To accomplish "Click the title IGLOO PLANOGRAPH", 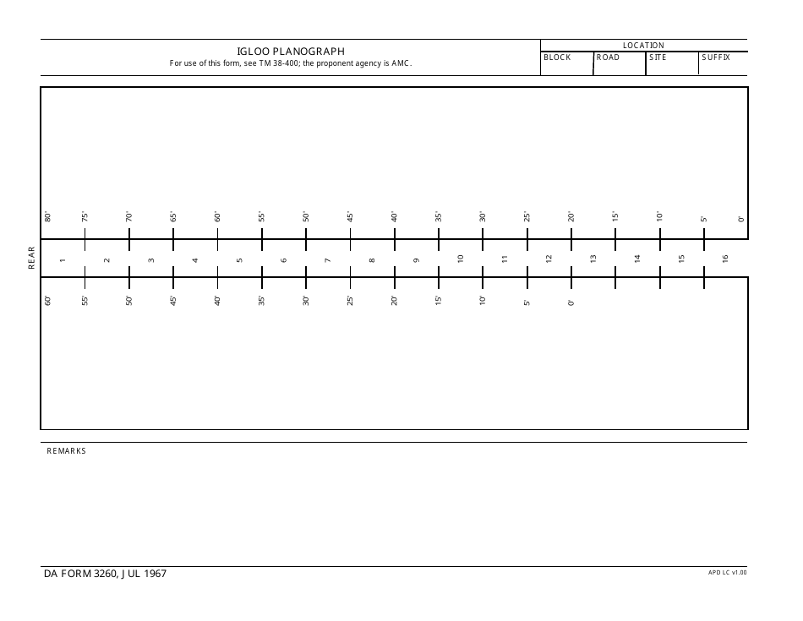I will click(x=291, y=51).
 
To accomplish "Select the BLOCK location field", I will click(x=566, y=67).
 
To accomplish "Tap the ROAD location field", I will click(x=619, y=67).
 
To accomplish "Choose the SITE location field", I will click(x=672, y=67).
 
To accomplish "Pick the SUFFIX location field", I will click(x=724, y=67).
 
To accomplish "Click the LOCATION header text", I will click(x=643, y=45).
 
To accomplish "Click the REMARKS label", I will click(x=66, y=451).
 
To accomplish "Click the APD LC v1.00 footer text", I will click(x=728, y=572).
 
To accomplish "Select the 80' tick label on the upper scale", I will click(x=48, y=216).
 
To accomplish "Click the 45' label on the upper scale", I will click(x=350, y=216).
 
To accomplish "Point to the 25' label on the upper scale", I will click(x=527, y=216).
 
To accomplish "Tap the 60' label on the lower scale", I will click(x=48, y=300).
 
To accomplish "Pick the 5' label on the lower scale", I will click(x=527, y=302).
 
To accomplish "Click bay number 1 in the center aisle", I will click(x=63, y=259).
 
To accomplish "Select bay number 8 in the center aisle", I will click(x=372, y=259).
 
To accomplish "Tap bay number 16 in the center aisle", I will click(x=725, y=259).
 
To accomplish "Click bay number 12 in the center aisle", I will click(x=549, y=259).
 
